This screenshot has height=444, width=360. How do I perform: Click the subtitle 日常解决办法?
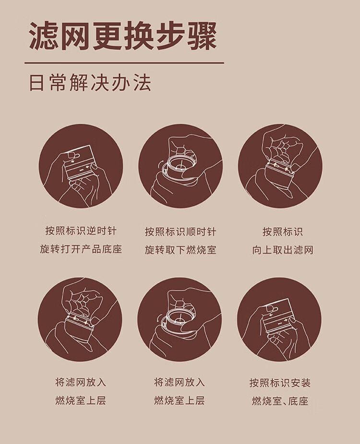pyautogui.click(x=90, y=83)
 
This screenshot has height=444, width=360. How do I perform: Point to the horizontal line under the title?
pyautogui.click(x=124, y=63)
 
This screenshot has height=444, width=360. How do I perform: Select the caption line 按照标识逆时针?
pyautogui.click(x=81, y=231)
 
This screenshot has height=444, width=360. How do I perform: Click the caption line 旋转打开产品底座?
pyautogui.click(x=81, y=249)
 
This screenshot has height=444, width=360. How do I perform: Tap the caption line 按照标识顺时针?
pyautogui.click(x=180, y=232)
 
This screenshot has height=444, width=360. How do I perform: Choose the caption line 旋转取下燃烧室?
pyautogui.click(x=180, y=250)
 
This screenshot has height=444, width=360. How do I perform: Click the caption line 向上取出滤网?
pyautogui.click(x=283, y=250)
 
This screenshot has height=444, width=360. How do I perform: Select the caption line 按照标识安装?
pyautogui.click(x=280, y=383)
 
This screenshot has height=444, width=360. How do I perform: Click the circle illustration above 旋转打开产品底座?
pyautogui.click(x=81, y=166)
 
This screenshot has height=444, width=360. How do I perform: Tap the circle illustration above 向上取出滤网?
pyautogui.click(x=280, y=166)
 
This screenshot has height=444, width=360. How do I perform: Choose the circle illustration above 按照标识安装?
pyautogui.click(x=279, y=319)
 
